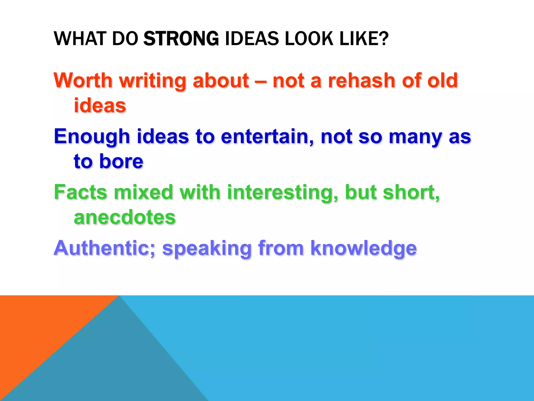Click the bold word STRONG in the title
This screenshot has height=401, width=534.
181,39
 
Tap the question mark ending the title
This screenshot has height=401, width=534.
383,39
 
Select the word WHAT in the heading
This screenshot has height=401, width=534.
80,39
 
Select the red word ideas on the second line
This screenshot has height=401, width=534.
100,106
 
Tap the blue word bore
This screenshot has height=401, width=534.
121,161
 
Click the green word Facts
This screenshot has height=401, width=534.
81,192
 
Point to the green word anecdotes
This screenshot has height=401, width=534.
125,217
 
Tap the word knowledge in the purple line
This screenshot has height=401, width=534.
363,248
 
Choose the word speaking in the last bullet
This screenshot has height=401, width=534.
207,248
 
